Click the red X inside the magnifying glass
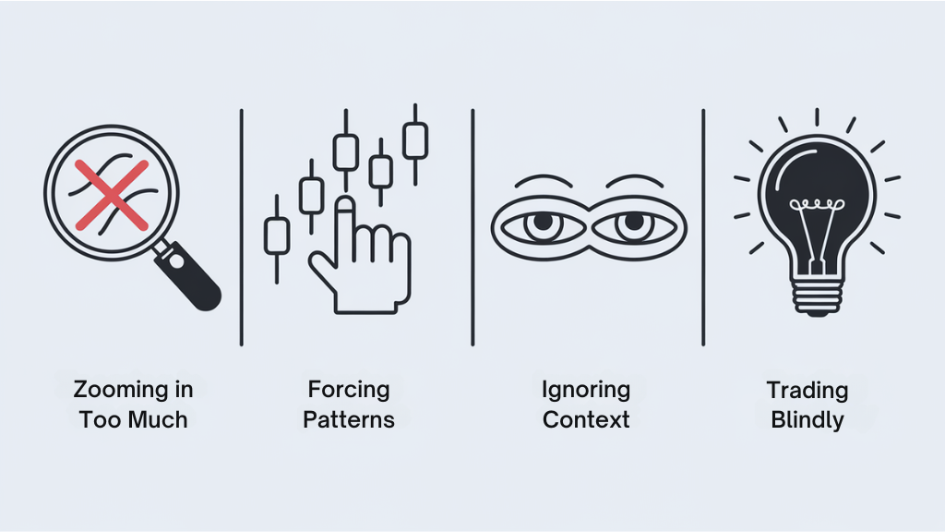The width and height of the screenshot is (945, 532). [111, 195]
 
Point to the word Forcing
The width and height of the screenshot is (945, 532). [349, 390]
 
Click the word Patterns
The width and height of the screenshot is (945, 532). [349, 419]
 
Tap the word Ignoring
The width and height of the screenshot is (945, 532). [586, 390]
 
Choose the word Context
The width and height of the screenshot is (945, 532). [586, 419]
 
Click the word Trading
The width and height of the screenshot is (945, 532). [807, 390]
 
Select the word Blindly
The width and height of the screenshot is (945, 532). [807, 419]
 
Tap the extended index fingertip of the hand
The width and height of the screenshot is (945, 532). [345, 204]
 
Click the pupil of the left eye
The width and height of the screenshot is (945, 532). [541, 224]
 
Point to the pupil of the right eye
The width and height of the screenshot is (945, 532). [634, 224]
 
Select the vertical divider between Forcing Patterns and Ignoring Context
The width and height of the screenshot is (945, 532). [472, 226]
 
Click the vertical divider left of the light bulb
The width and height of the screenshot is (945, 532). [703, 226]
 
